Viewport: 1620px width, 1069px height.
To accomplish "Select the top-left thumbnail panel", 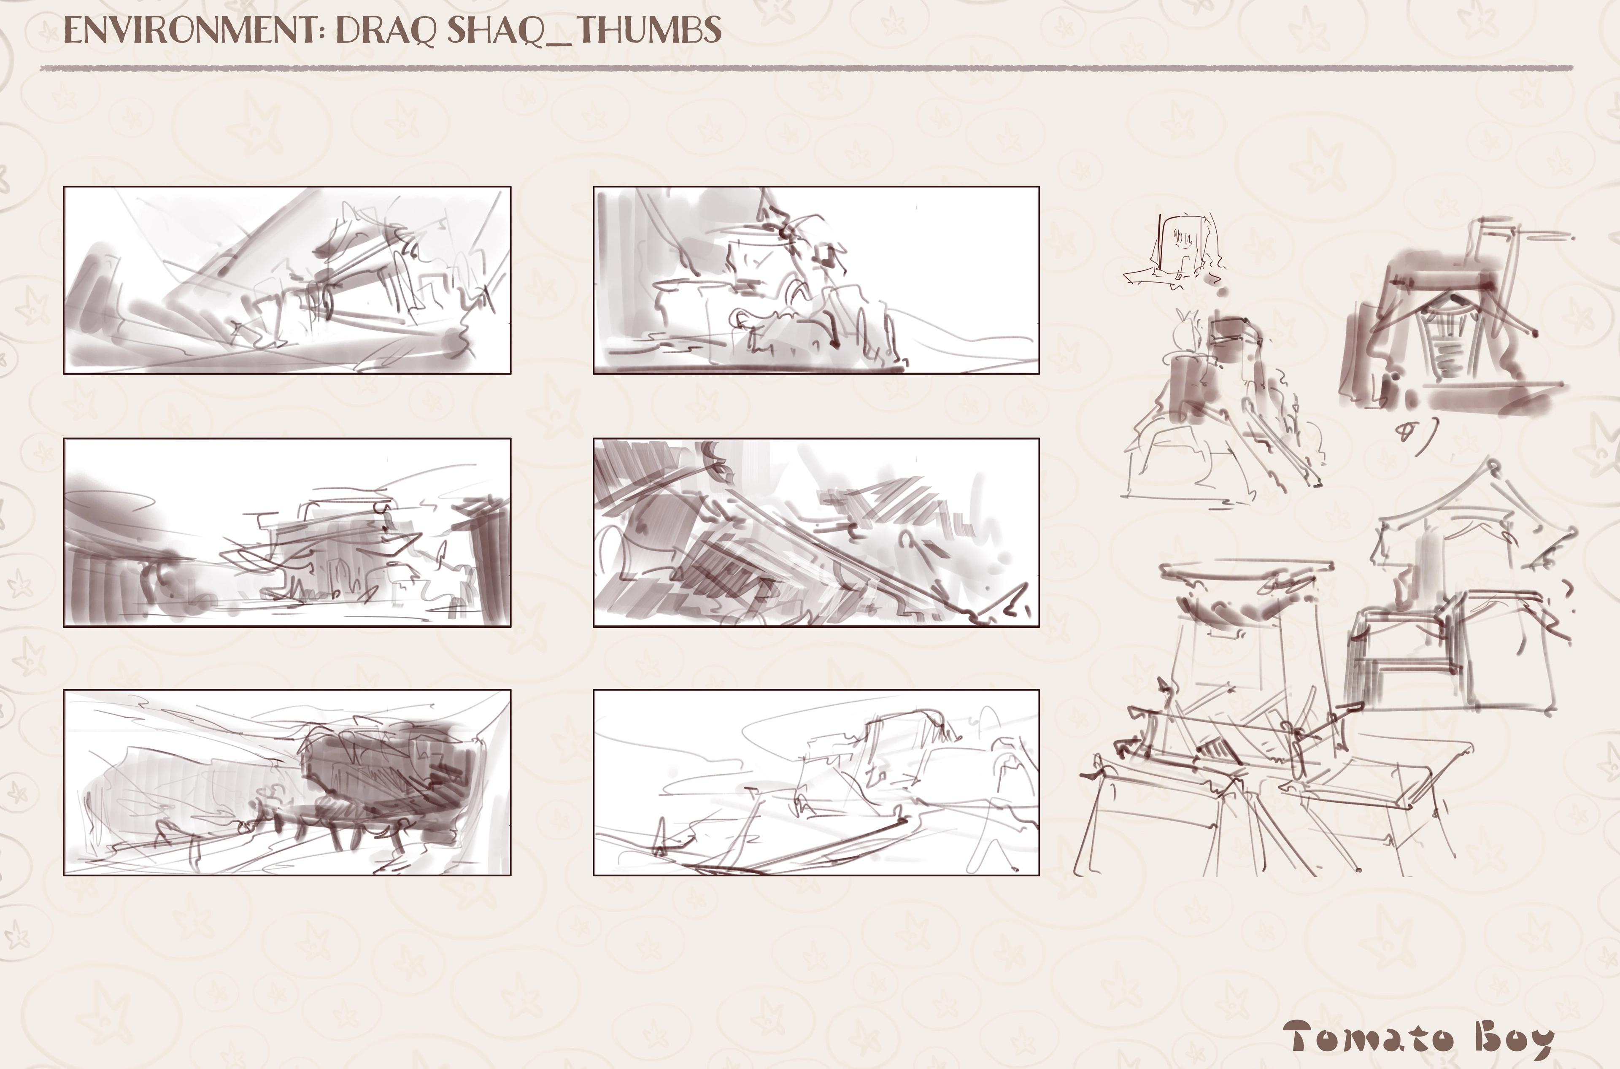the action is click(287, 280).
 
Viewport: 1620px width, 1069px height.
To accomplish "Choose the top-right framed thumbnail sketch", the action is click(816, 280).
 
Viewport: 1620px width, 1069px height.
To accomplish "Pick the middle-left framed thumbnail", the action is click(287, 532).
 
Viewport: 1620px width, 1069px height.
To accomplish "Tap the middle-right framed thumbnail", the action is click(816, 532).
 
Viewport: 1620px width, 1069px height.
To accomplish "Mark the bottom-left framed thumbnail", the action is click(287, 783).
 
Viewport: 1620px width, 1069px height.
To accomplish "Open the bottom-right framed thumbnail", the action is click(816, 783).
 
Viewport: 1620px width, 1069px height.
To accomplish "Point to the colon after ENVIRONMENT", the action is click(323, 31).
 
